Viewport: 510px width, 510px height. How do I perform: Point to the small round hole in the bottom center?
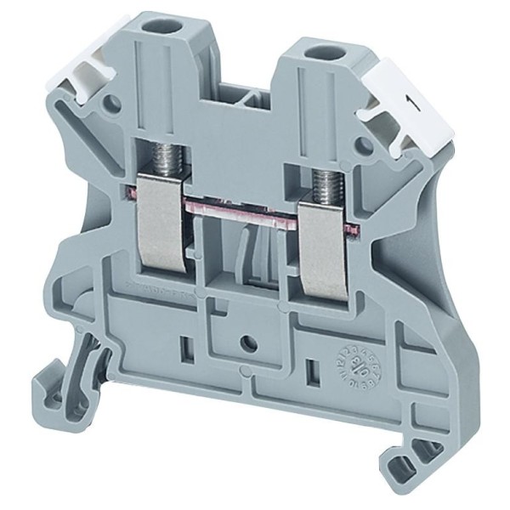coord(247,343)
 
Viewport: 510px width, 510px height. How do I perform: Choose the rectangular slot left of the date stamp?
coord(313,371)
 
